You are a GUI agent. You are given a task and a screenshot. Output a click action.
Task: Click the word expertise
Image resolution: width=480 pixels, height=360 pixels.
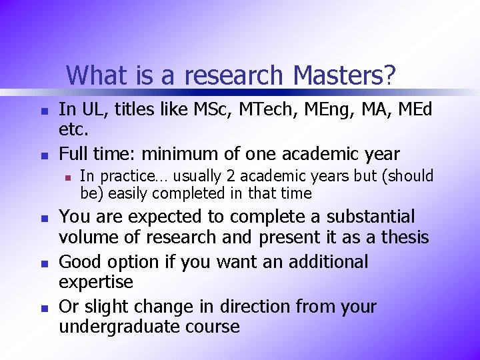pyautogui.click(x=96, y=281)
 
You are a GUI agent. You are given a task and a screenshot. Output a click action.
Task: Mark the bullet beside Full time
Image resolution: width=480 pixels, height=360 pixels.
pyautogui.click(x=42, y=156)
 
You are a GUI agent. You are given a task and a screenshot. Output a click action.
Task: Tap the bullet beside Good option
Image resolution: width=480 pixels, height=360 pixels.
pyautogui.click(x=42, y=263)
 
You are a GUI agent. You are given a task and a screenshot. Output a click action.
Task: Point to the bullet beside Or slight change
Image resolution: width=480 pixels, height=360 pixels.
pyautogui.click(x=42, y=308)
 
